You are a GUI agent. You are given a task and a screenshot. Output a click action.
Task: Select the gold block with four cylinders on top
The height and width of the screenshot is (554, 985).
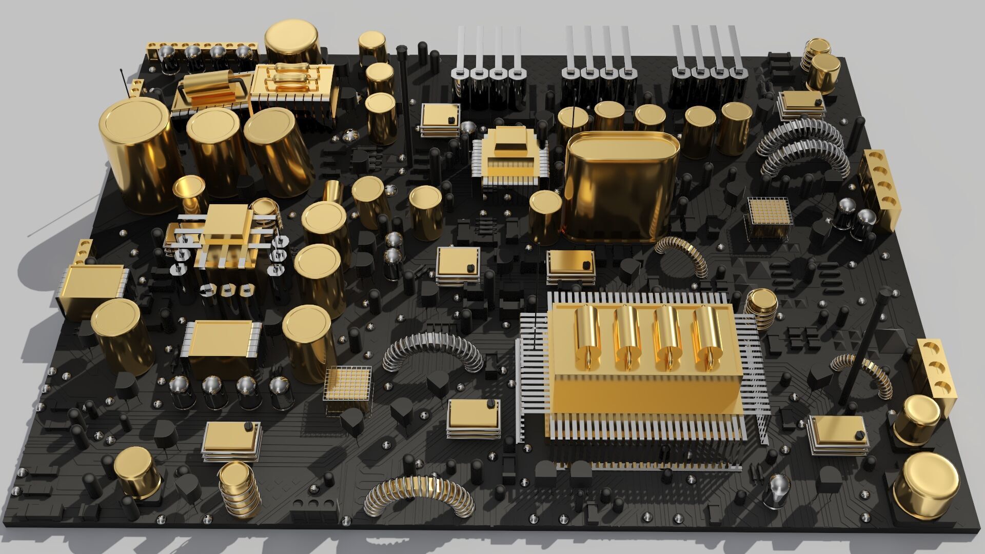(641, 369)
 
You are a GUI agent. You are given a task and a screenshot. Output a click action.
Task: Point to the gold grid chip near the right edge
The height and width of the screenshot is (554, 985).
(767, 215)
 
